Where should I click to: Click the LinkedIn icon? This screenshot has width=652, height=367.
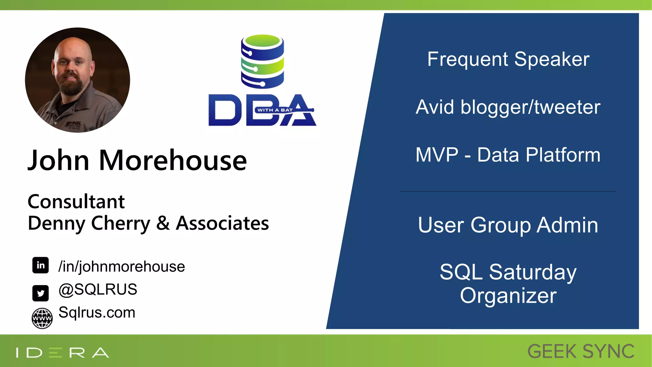click(40, 265)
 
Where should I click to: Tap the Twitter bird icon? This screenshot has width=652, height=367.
click(40, 293)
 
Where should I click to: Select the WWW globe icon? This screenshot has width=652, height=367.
click(42, 318)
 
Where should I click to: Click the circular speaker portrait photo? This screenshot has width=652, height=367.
click(77, 80)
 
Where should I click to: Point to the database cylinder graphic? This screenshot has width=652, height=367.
click(262, 61)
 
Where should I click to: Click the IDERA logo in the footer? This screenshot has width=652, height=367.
click(62, 353)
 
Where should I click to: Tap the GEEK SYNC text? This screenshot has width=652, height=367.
click(581, 352)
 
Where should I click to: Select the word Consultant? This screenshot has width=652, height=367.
click(76, 202)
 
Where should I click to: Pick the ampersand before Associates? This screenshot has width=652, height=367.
click(163, 223)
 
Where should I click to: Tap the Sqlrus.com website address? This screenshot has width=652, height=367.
click(97, 313)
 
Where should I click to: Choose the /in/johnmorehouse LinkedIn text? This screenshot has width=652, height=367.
click(121, 267)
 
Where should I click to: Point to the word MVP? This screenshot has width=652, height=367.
click(437, 155)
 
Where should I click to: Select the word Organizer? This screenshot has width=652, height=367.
click(508, 296)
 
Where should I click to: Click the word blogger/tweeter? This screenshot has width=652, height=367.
click(530, 107)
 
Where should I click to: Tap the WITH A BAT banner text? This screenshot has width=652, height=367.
click(275, 110)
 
